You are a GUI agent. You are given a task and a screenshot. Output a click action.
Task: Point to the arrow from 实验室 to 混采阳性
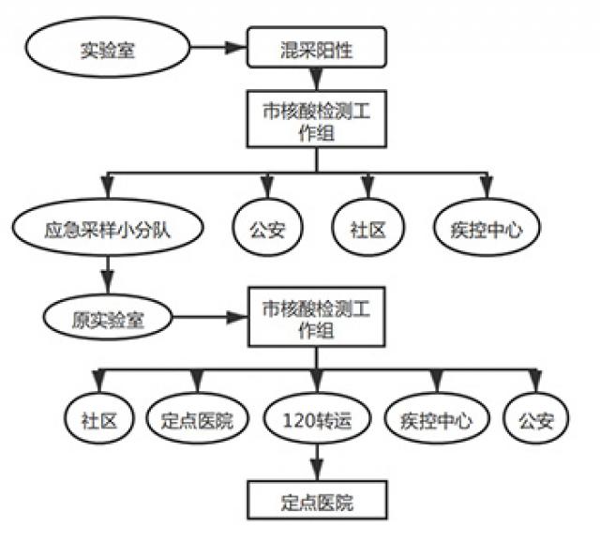tap(218, 48)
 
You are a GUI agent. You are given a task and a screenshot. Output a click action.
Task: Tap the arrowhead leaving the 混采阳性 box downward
tap(317, 79)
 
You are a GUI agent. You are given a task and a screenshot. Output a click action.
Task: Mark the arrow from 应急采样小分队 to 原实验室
tap(108, 275)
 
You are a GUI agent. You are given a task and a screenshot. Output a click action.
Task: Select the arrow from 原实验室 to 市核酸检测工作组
tap(210, 317)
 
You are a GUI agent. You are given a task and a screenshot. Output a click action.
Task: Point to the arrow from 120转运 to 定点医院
tap(317, 462)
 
